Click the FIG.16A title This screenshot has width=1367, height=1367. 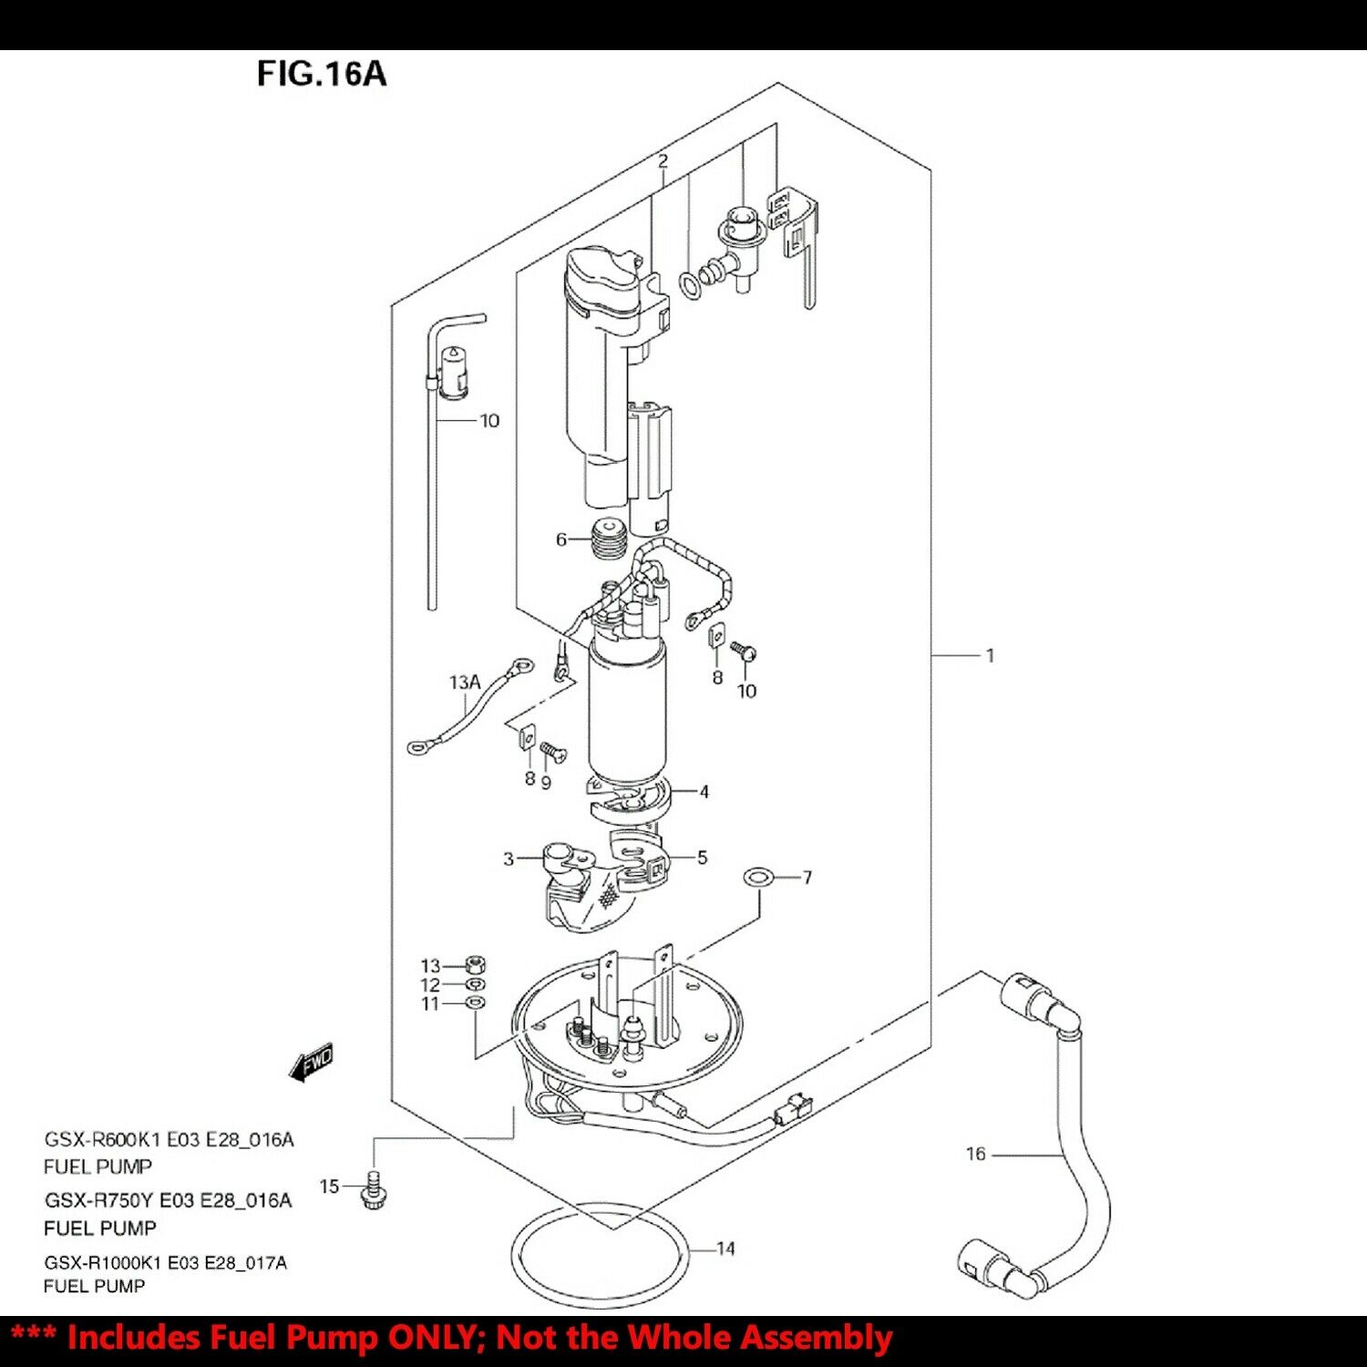tap(321, 73)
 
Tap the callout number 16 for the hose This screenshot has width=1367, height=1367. tap(975, 1154)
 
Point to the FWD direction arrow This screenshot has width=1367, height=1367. tap(312, 1063)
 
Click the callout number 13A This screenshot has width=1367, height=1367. tap(464, 682)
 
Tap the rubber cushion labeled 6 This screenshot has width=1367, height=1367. tap(608, 540)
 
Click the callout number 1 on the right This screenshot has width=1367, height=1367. tap(990, 655)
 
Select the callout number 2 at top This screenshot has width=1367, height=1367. tap(663, 161)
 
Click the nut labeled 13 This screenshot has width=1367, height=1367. tap(474, 964)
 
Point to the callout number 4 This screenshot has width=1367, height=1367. tap(704, 792)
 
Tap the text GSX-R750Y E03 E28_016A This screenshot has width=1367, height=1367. tap(169, 1200)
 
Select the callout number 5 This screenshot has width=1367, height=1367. tap(702, 858)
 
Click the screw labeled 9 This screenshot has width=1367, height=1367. tap(552, 753)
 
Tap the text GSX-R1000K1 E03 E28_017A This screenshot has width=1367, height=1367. tap(165, 1262)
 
